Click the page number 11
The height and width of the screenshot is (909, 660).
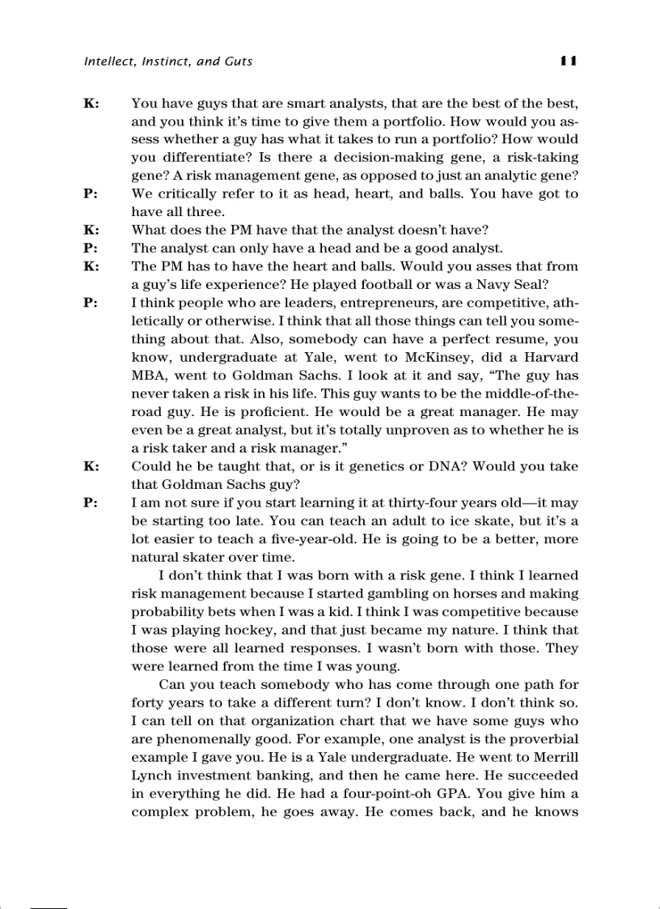pyautogui.click(x=566, y=61)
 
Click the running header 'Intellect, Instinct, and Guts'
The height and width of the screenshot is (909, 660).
pyautogui.click(x=168, y=62)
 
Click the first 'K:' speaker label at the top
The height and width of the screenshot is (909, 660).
pyautogui.click(x=91, y=104)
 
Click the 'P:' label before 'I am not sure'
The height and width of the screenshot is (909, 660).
pyautogui.click(x=91, y=503)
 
